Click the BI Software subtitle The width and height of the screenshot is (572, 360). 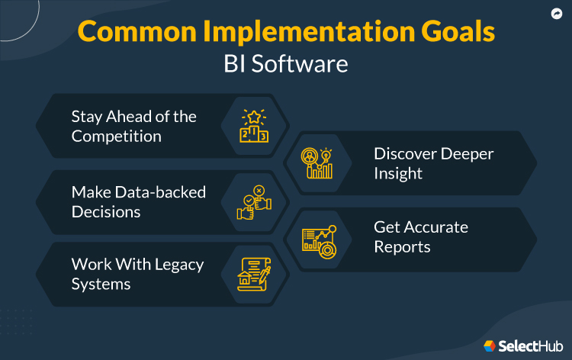(286, 64)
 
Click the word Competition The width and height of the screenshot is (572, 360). (117, 137)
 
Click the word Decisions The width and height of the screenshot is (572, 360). (106, 212)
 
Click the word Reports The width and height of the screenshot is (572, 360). (402, 247)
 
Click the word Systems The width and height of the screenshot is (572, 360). (101, 284)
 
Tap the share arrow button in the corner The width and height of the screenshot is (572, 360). (556, 14)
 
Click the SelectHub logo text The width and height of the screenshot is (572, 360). (529, 346)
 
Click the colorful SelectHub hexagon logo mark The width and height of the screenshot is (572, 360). (489, 346)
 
